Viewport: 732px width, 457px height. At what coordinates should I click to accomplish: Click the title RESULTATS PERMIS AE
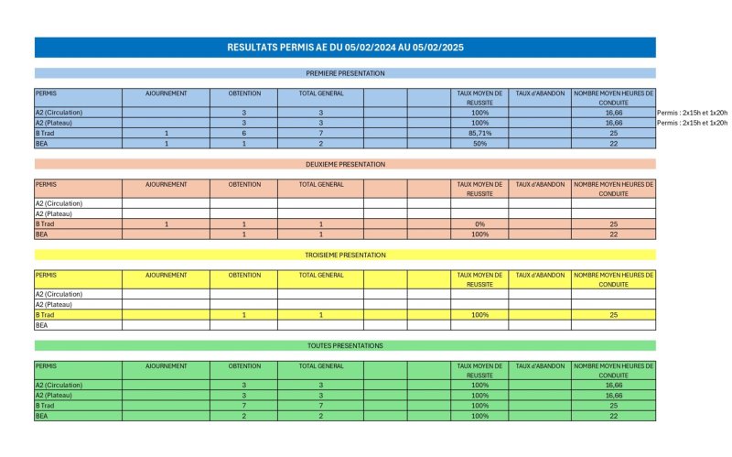click(x=345, y=47)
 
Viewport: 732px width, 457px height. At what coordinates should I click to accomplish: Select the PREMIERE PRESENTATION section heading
click(x=345, y=73)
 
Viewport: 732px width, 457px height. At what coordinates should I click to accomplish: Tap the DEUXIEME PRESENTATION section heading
click(x=345, y=164)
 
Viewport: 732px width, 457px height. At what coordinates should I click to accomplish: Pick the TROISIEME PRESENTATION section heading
click(x=345, y=255)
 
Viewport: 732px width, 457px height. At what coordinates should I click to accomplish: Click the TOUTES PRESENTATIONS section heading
click(x=345, y=345)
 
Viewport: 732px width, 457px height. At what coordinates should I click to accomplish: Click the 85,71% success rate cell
click(x=479, y=133)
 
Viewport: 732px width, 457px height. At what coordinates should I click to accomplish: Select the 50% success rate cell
click(x=479, y=144)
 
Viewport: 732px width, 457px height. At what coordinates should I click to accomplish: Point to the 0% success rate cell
click(x=479, y=224)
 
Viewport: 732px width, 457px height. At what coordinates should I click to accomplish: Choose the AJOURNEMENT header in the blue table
click(x=167, y=93)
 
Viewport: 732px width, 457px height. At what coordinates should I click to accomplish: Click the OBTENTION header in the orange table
click(x=244, y=184)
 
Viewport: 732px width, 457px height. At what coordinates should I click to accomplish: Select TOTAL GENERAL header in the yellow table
click(x=321, y=275)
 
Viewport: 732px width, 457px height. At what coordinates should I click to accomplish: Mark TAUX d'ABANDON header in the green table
click(x=540, y=365)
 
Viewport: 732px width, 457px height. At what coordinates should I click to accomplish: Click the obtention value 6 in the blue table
click(x=244, y=133)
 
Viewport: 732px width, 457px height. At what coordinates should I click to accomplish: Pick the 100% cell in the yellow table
click(x=479, y=315)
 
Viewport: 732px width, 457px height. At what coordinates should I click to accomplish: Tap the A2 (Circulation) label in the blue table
click(x=59, y=112)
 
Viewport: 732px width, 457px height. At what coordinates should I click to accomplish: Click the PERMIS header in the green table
click(x=46, y=365)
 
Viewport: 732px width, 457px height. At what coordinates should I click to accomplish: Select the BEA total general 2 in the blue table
click(x=321, y=144)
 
